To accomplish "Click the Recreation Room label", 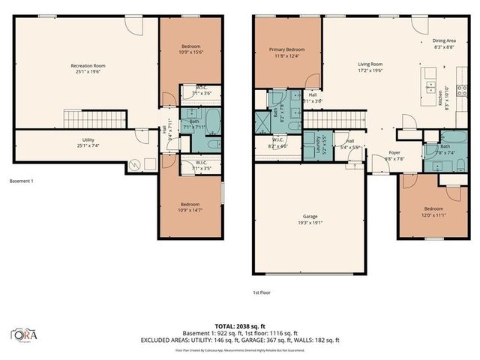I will tap(88, 68).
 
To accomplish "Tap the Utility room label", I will tap(88, 142).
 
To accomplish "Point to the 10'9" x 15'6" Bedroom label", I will tap(190, 49).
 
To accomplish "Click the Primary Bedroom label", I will tap(288, 52).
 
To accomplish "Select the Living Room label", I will tap(370, 67).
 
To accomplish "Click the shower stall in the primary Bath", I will tap(262, 121).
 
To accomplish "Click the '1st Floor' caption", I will tap(262, 293).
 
